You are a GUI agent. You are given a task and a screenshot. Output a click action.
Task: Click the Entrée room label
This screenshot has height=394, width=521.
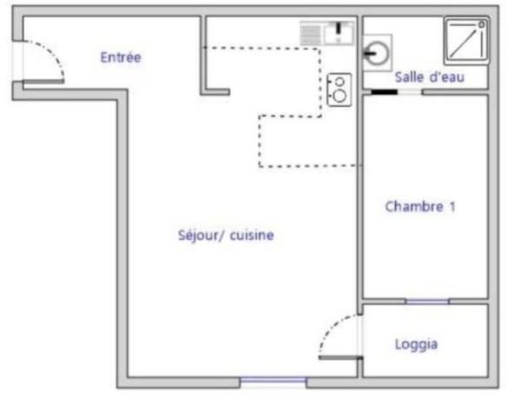point(121,57)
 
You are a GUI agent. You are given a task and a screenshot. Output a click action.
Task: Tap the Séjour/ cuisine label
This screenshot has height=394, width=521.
point(226,235)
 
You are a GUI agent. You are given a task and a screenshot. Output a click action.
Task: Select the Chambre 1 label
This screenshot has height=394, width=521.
point(420,206)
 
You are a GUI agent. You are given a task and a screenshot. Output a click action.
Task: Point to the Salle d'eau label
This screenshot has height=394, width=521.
point(429,77)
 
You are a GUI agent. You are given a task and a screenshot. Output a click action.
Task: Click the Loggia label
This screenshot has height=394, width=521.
point(416,344)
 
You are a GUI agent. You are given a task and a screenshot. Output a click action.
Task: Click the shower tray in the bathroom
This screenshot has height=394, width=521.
point(466,40)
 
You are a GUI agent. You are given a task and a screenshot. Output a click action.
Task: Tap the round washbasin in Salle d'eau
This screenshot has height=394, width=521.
point(377,53)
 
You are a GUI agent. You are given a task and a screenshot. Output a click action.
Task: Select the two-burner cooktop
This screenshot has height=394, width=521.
point(340,90)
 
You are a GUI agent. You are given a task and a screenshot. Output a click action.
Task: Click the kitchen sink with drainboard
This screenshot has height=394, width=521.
point(327,33)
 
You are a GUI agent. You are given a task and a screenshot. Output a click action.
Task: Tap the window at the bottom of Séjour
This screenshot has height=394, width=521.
point(274,380)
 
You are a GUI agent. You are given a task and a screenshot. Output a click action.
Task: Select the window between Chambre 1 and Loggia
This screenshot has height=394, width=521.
point(427,302)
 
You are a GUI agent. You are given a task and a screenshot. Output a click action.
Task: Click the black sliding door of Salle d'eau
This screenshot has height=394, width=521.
point(384,92)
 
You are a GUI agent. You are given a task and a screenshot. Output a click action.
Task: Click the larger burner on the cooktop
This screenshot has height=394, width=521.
point(340,96)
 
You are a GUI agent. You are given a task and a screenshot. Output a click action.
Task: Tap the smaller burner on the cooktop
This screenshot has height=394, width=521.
point(340,82)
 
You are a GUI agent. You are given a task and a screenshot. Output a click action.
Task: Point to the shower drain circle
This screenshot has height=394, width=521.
point(481,24)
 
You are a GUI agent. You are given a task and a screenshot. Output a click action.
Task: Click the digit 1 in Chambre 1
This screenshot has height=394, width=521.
point(452,206)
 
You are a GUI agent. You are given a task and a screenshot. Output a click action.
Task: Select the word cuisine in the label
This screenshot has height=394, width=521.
point(252,235)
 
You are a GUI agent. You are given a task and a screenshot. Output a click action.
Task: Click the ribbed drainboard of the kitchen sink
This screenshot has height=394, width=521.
point(311,33)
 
